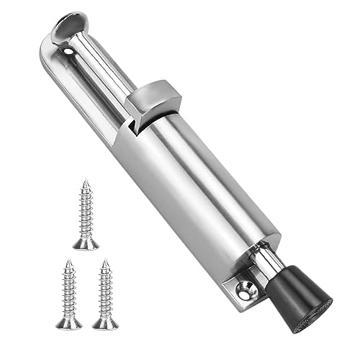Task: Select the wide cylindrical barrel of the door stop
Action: pos(209,187)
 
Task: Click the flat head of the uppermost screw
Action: pos(86,244)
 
